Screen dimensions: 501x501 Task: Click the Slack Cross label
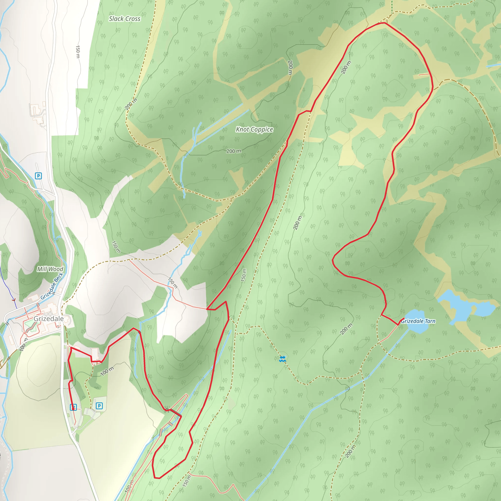125,19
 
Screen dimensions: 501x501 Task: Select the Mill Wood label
50,269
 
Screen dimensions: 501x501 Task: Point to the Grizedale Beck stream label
52,286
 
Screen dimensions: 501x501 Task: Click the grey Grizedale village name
48,319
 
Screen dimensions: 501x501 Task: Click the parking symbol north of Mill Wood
38,176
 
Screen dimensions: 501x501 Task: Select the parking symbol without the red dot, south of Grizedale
99,406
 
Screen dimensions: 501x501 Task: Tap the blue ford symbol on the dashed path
282,359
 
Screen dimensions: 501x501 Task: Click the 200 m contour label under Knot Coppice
234,151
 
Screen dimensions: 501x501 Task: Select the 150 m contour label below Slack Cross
78,52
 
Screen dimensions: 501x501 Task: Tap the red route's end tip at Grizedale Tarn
404,319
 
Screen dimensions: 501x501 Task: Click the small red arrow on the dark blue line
14,300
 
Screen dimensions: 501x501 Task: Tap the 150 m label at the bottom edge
187,481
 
